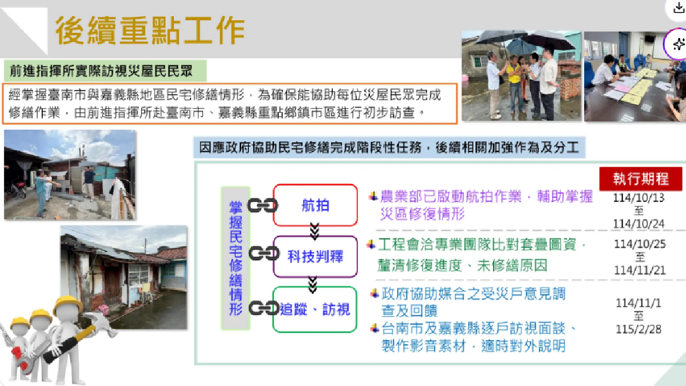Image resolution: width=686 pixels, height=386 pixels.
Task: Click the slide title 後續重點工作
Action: (149, 30)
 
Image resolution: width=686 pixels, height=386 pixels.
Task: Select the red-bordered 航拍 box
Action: (315, 206)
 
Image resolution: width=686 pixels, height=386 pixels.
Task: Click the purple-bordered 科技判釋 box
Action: (315, 256)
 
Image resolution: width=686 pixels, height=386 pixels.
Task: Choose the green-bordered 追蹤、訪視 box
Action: (315, 309)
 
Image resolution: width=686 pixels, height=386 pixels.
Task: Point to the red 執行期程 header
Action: (640, 179)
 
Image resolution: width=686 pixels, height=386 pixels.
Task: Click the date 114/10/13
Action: (638, 198)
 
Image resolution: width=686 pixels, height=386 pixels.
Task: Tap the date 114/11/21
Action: (640, 270)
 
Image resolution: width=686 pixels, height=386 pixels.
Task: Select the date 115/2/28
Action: (639, 329)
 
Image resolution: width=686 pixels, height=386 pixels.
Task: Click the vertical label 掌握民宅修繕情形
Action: (235, 258)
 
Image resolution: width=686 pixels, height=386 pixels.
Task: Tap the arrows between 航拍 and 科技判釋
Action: (314, 231)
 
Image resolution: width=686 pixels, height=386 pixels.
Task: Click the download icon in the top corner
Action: (678, 8)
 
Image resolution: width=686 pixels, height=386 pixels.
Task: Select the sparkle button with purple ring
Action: (678, 44)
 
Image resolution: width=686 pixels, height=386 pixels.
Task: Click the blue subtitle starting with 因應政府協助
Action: (389, 147)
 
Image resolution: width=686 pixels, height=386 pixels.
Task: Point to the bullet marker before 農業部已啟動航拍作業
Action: (373, 196)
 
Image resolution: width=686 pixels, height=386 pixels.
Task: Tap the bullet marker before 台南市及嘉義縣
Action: (375, 328)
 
